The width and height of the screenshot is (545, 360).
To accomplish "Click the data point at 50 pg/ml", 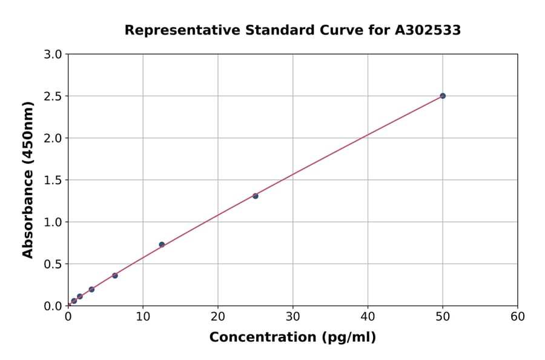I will (443, 96).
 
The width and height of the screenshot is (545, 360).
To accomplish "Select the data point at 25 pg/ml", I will (256, 196).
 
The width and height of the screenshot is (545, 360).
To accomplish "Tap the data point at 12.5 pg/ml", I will (162, 245).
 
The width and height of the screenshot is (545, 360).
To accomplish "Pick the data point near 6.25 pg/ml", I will (115, 275).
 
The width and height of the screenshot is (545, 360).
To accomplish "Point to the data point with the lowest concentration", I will (74, 301).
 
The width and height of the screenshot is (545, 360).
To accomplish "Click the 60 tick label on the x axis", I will (518, 316).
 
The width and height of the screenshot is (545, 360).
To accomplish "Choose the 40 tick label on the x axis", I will (368, 316).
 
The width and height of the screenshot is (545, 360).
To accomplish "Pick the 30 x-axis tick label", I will (292, 316).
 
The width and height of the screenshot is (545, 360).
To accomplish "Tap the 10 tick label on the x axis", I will (143, 316).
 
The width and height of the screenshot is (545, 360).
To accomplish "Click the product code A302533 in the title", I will (429, 30).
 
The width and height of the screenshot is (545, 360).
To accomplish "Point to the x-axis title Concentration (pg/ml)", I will (292, 338).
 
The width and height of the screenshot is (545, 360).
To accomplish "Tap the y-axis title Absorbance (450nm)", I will (28, 179).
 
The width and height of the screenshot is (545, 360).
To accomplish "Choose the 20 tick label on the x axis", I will (218, 316).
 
